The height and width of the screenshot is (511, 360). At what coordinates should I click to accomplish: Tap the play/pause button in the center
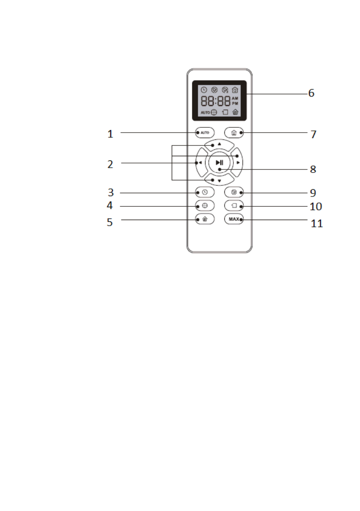pos(219,163)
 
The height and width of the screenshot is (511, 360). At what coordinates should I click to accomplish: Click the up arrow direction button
pos(219,145)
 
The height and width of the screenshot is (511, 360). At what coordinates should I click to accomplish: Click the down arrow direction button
pos(219,180)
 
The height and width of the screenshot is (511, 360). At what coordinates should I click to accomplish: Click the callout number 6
pos(312,93)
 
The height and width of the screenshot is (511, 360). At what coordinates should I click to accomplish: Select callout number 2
pos(111,164)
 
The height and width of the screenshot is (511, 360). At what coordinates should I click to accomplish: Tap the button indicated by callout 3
pos(204,192)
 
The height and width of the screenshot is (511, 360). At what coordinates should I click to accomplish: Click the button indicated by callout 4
pos(204,206)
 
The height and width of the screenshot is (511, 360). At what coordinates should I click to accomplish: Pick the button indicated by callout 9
pos(234,192)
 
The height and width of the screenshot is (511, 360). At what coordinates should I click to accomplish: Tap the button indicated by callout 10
pos(234,206)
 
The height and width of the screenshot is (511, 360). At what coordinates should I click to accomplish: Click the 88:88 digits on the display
pos(215,101)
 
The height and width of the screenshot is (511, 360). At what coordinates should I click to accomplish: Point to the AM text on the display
pos(235,99)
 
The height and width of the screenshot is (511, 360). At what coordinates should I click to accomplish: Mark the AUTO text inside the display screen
pos(205,113)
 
